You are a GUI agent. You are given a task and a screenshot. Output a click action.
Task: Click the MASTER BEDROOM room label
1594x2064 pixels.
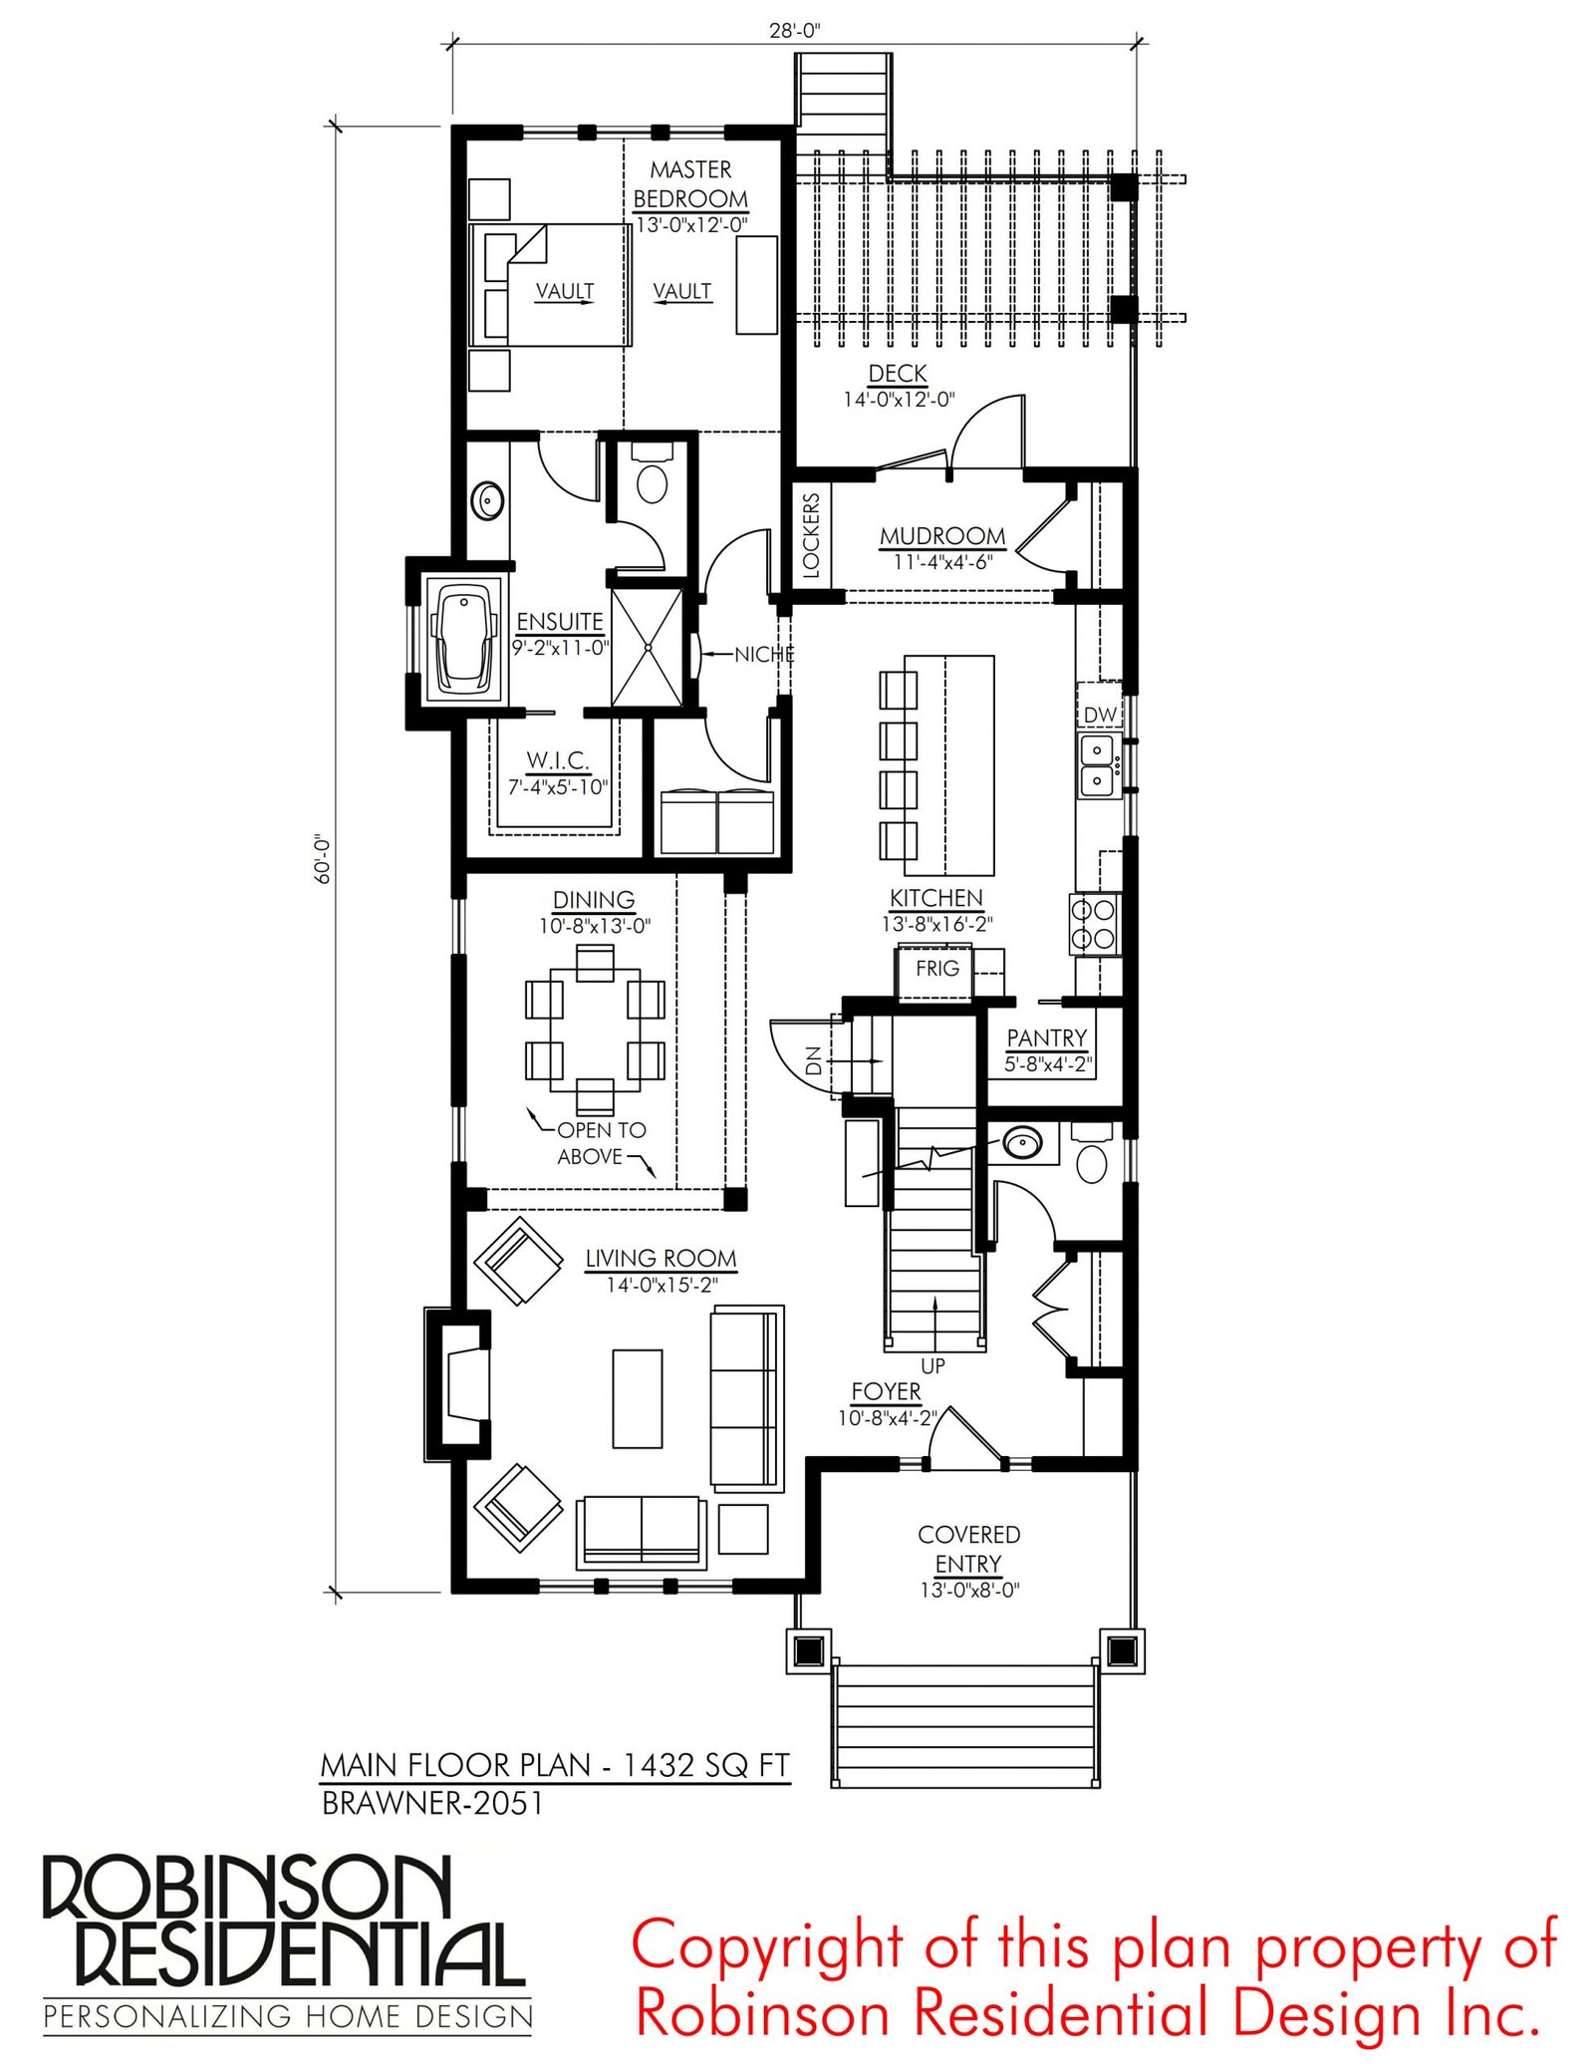(690, 184)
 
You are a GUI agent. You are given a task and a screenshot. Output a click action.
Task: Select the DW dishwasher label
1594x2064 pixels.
(1100, 715)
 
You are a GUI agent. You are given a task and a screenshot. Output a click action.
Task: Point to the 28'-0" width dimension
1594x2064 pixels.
(794, 31)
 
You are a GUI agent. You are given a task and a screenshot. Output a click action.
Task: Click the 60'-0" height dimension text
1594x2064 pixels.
(322, 859)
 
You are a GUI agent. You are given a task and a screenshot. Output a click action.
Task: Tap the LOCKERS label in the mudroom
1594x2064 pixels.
(810, 535)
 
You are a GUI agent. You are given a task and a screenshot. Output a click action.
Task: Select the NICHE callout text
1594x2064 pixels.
(764, 655)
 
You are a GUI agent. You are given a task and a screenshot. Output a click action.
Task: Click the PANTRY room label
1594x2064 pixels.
(1046, 1038)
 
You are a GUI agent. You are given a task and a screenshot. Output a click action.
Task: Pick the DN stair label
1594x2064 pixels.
(813, 1060)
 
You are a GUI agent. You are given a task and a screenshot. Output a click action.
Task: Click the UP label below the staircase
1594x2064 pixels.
(932, 1365)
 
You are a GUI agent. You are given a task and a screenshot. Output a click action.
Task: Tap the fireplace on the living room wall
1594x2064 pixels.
(459, 1383)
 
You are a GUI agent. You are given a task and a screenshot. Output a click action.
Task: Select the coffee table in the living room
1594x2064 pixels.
(638, 1398)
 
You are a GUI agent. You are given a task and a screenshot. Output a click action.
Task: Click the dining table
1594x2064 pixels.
(596, 1031)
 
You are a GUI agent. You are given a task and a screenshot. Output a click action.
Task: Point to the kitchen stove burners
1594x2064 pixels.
(1094, 924)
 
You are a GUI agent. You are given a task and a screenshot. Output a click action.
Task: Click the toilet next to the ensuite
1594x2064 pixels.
(652, 477)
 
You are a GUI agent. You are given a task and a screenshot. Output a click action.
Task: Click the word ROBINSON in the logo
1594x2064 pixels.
(246, 1887)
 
